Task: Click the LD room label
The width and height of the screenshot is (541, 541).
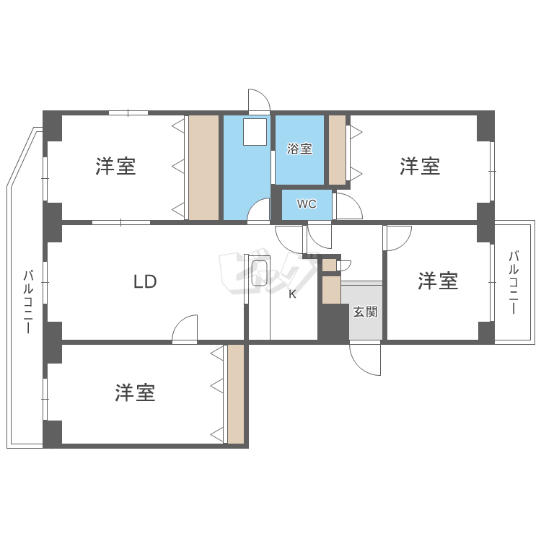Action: pyautogui.click(x=145, y=281)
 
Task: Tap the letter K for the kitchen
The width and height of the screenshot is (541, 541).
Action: pyautogui.click(x=292, y=294)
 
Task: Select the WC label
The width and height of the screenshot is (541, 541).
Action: pyautogui.click(x=307, y=204)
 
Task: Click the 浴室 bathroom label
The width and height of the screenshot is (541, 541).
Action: pyautogui.click(x=299, y=149)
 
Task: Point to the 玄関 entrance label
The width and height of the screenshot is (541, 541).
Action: pyautogui.click(x=365, y=312)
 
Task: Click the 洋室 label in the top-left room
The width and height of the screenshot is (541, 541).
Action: pyautogui.click(x=115, y=167)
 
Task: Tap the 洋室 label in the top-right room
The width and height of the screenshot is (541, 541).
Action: pyautogui.click(x=420, y=167)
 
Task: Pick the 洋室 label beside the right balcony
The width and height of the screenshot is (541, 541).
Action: pyautogui.click(x=438, y=281)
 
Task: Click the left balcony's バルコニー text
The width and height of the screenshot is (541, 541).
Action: pyautogui.click(x=28, y=301)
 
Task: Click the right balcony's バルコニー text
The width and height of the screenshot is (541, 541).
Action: pyautogui.click(x=514, y=281)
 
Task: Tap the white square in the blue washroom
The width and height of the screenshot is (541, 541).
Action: pyautogui.click(x=254, y=132)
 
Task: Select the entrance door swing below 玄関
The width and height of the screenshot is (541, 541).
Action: pyautogui.click(x=366, y=358)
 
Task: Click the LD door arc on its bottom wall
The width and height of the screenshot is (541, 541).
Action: pyautogui.click(x=186, y=328)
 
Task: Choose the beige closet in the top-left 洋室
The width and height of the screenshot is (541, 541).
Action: pyautogui.click(x=203, y=167)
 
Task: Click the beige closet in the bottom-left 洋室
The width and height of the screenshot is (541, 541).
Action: pyautogui.click(x=236, y=393)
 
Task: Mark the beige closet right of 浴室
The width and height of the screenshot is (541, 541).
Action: pyautogui.click(x=337, y=149)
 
